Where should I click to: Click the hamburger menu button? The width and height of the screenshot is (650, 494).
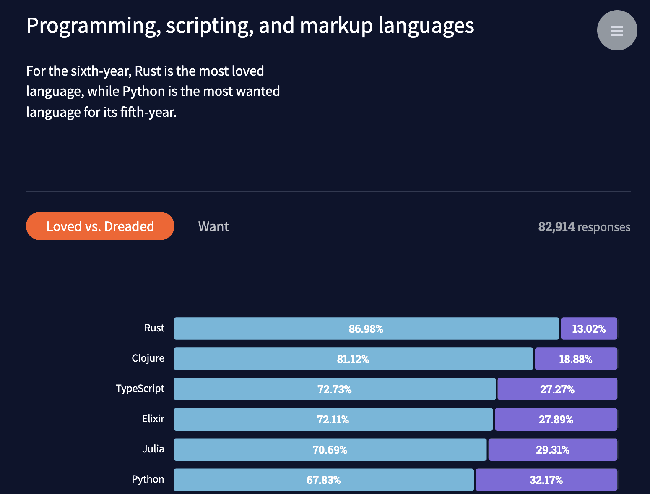(617, 30)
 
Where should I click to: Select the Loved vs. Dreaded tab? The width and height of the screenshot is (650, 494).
(100, 226)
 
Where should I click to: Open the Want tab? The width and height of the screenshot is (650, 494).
(213, 226)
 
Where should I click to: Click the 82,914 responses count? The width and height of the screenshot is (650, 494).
(584, 227)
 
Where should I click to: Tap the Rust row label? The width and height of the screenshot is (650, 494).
(154, 328)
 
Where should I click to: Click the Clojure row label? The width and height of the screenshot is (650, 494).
(148, 358)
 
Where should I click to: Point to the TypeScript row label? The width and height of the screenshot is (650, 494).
(140, 389)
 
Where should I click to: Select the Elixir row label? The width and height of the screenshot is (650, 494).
(153, 419)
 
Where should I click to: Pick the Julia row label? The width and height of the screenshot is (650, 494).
(153, 449)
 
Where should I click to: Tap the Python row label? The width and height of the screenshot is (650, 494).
(148, 479)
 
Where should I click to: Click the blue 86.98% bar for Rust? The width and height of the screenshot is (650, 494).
(366, 328)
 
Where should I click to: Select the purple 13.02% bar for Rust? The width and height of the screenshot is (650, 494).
(589, 328)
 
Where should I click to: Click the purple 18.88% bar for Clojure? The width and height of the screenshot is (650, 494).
(576, 359)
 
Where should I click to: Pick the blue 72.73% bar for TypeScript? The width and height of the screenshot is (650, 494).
(334, 389)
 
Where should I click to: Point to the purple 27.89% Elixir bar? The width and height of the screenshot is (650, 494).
(556, 419)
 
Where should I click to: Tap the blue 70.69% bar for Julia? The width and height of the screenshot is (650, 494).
(330, 449)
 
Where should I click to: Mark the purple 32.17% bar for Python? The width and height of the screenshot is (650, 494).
(546, 480)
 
